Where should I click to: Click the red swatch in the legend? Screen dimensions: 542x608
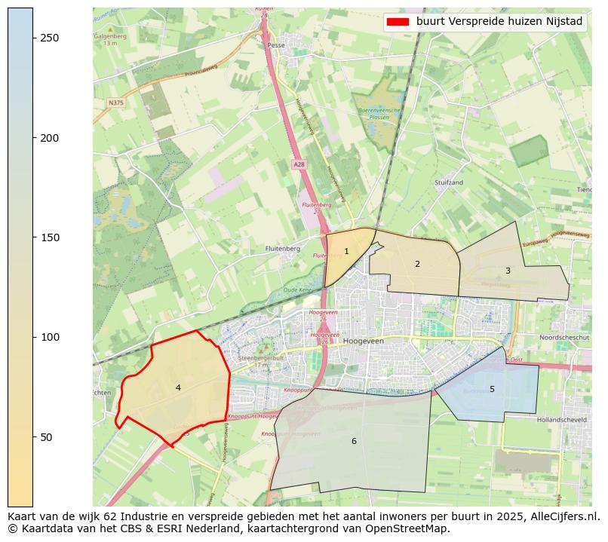(398, 22)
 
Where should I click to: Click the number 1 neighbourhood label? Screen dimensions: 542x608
(346, 252)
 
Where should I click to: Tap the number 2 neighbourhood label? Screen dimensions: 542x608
(417, 264)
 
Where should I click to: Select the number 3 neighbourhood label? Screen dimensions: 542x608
(508, 271)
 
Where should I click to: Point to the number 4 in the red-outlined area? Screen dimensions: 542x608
(178, 387)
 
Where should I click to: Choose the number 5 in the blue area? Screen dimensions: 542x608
(492, 389)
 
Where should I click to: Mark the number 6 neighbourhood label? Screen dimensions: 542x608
(354, 441)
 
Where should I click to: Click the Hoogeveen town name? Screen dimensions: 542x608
(363, 341)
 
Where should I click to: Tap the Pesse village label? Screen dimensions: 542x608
(275, 45)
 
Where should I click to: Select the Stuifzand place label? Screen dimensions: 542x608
(448, 182)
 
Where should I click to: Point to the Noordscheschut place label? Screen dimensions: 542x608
(565, 338)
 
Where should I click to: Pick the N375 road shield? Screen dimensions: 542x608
(115, 103)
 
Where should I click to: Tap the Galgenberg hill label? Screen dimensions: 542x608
(110, 35)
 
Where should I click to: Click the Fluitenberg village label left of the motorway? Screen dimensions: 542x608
(283, 248)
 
